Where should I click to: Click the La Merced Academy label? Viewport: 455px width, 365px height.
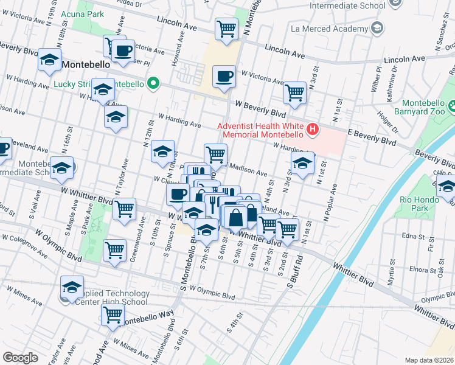(328, 28)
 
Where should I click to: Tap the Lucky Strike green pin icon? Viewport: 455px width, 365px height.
(154, 84)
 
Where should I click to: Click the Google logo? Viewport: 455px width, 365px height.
(20, 358)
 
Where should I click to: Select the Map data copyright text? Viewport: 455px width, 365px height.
(429, 360)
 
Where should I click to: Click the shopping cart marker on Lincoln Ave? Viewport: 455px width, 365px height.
(226, 29)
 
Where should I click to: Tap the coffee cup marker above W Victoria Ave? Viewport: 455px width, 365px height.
(224, 77)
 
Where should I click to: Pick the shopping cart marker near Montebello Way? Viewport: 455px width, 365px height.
(114, 315)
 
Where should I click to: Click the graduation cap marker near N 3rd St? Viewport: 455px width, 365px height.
(302, 163)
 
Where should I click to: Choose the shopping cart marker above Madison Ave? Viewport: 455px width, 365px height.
(215, 155)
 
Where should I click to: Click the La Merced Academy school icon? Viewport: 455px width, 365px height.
(377, 28)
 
